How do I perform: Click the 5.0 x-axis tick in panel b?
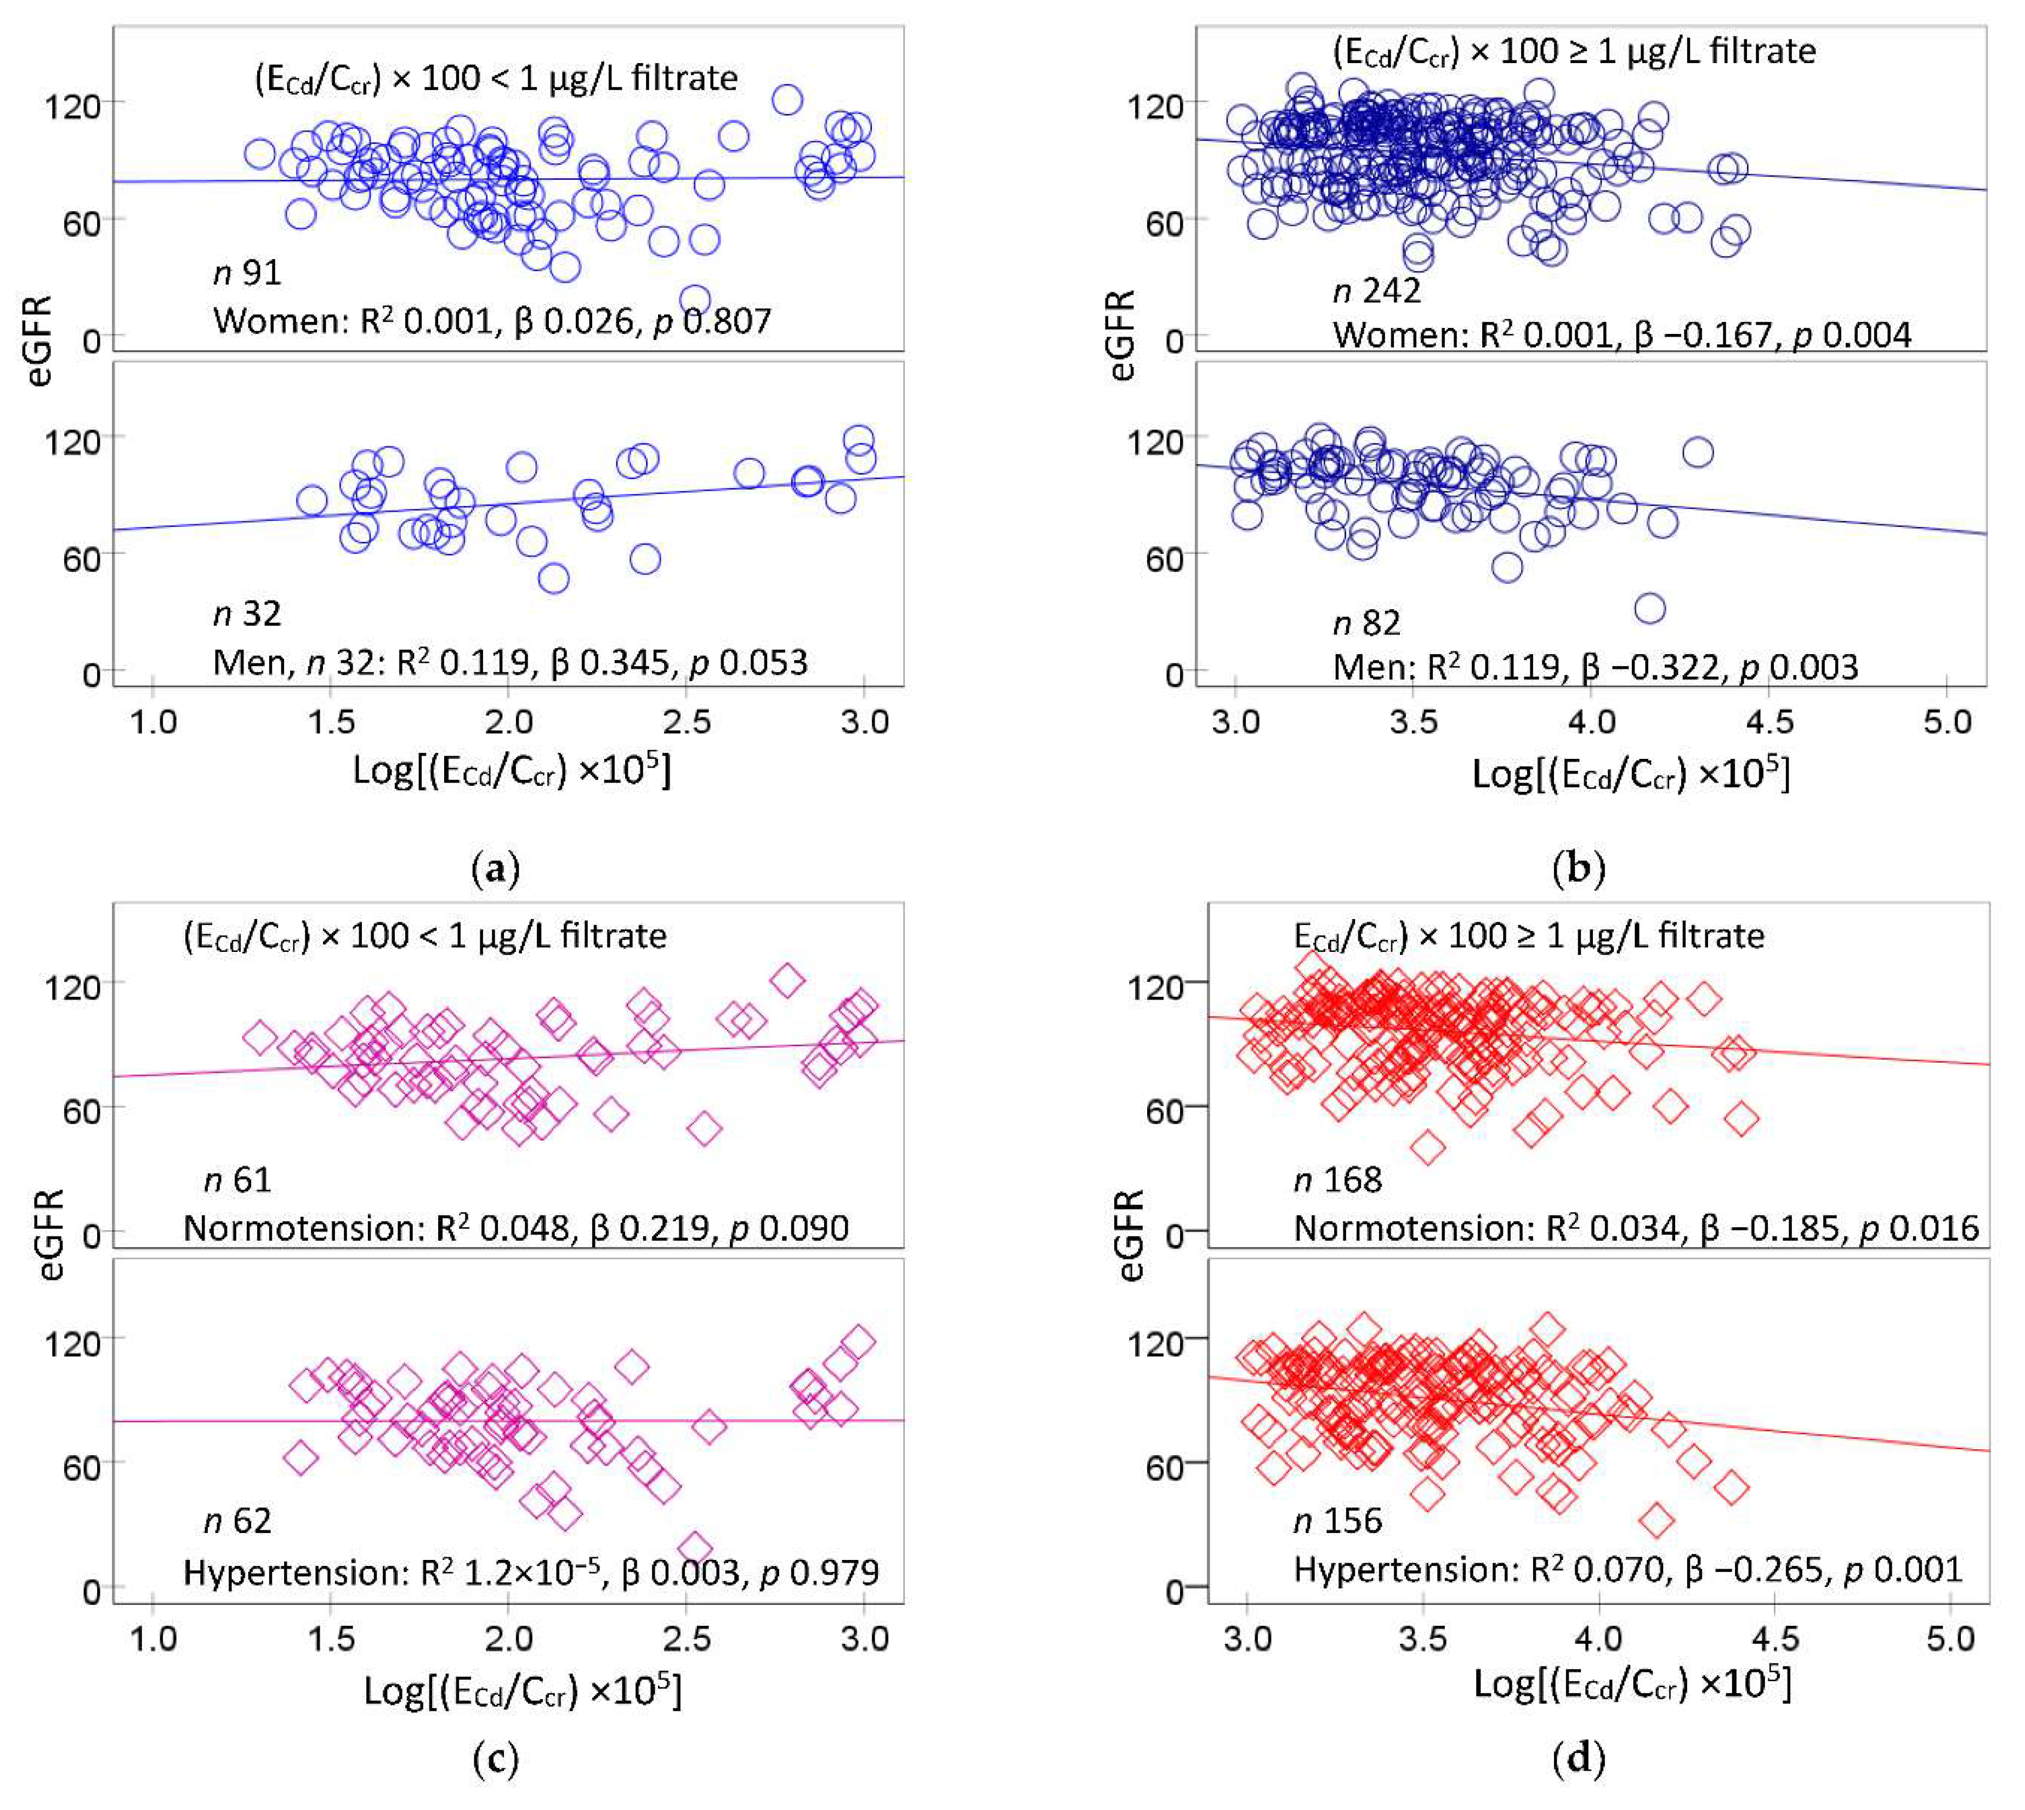tap(1947, 721)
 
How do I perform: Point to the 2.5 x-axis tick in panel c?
tap(687, 1638)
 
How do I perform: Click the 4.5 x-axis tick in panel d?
tap(1774, 1638)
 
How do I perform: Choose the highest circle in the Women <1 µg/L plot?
tap(787, 99)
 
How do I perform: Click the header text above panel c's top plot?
tap(425, 936)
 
